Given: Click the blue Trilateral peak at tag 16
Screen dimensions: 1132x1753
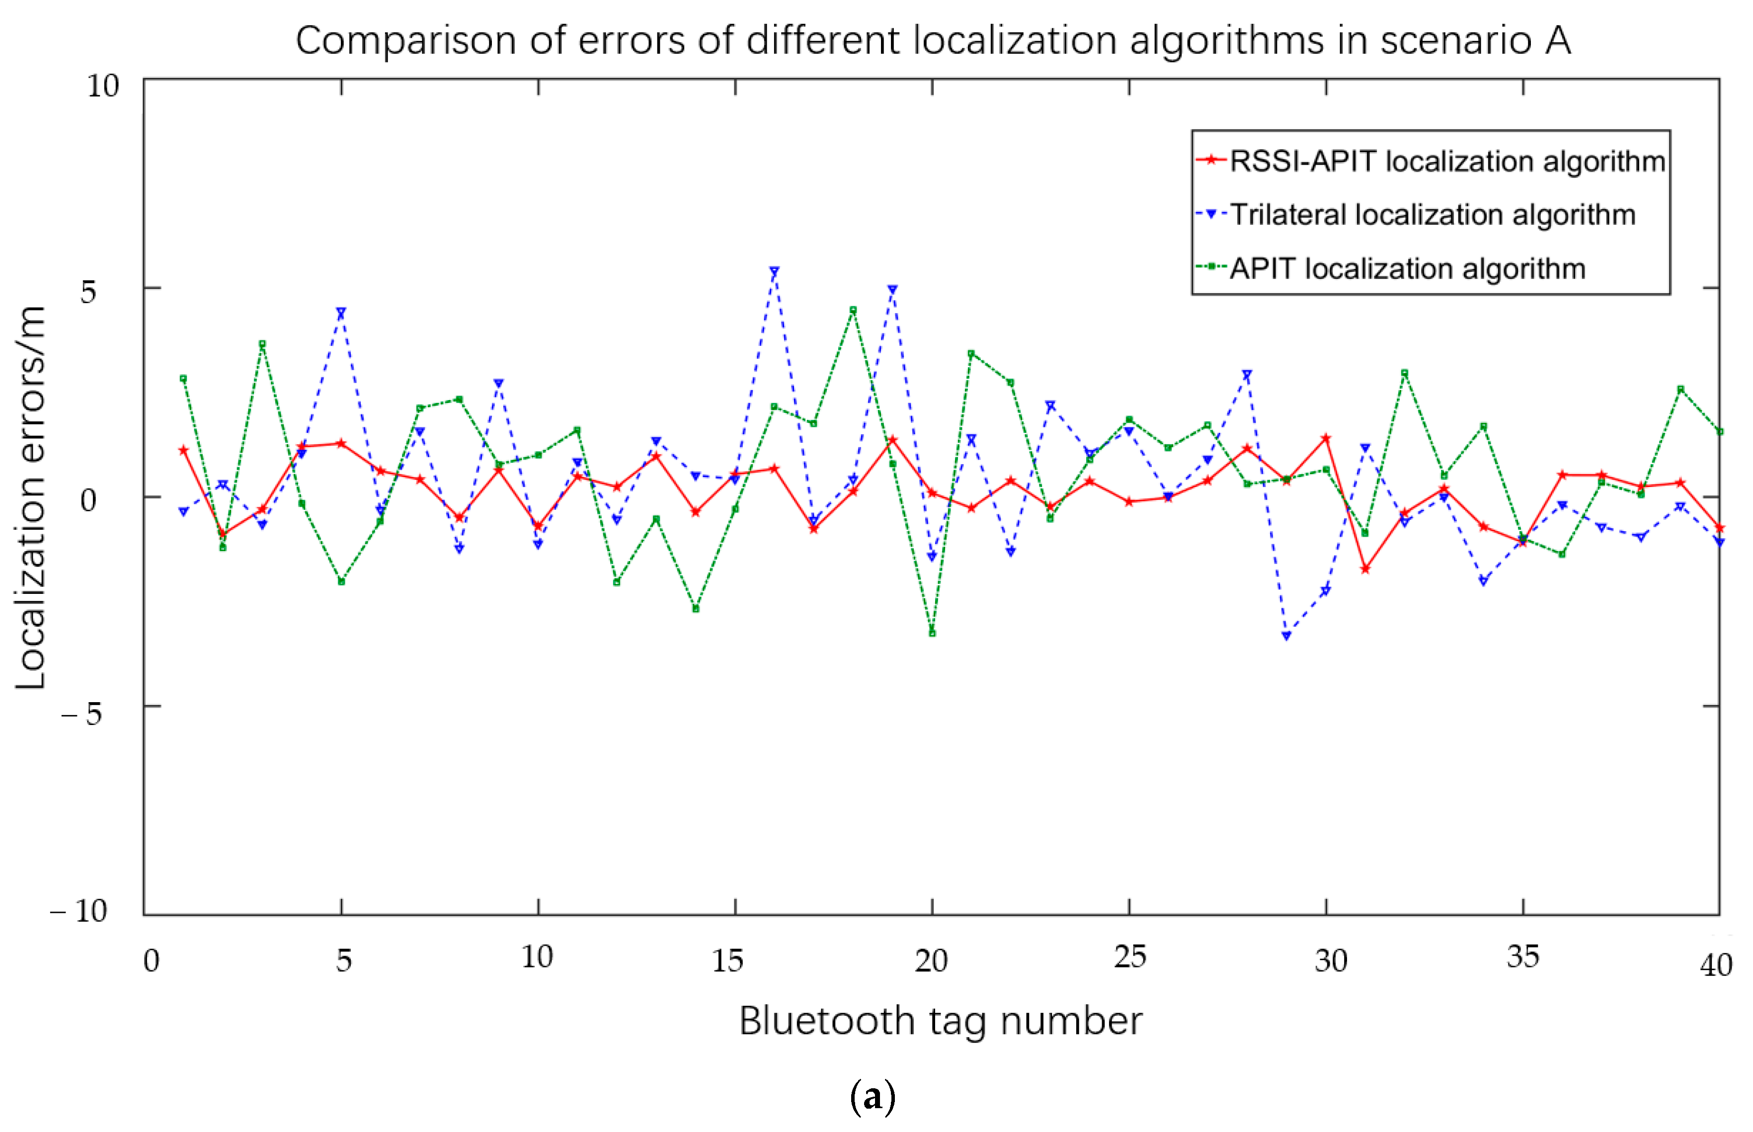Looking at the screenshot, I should point(774,271).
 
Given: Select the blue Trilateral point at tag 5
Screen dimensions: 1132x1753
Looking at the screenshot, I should point(341,313).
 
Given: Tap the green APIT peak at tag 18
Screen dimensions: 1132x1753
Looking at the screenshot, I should point(853,310).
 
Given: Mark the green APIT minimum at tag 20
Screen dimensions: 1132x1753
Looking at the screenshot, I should point(932,633).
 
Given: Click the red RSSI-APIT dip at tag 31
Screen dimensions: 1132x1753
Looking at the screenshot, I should point(1365,569).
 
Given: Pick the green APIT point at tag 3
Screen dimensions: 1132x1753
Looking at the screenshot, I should point(262,344).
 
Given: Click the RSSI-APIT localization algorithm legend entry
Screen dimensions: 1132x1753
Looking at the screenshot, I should point(1446,161).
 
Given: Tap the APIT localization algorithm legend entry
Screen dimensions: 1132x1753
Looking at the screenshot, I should point(1407,268).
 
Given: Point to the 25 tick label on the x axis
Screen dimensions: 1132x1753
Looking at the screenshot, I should point(1130,957).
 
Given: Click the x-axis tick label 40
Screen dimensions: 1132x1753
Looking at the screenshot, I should point(1716,965).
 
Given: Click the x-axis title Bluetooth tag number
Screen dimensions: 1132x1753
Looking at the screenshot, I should point(940,1021).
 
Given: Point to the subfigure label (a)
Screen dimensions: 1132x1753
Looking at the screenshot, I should point(873,1097).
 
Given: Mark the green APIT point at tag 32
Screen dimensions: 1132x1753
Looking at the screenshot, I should point(1405,373).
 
